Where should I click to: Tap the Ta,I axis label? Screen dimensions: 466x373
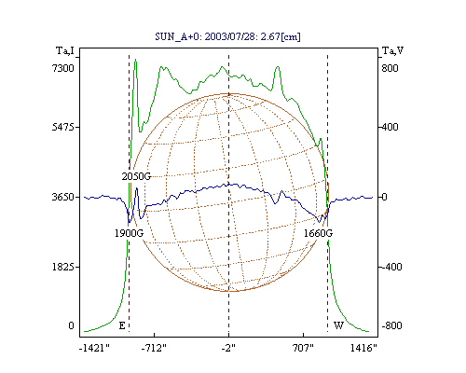point(65,50)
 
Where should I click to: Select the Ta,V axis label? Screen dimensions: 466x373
point(392,50)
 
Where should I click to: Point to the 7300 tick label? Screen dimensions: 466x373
point(63,68)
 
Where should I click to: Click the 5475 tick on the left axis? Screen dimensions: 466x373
point(63,127)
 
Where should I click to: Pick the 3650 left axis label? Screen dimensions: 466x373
point(63,197)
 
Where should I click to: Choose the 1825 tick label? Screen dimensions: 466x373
point(63,267)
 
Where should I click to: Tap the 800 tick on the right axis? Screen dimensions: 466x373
point(390,68)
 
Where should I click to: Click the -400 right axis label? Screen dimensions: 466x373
point(391,267)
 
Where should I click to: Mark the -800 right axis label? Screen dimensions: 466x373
point(391,325)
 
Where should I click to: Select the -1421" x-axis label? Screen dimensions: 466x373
point(94,348)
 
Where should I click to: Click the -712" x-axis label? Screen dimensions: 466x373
point(154,348)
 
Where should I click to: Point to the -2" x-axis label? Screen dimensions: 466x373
point(228,348)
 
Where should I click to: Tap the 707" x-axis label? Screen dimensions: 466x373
point(303,348)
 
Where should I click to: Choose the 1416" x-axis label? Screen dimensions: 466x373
point(363,348)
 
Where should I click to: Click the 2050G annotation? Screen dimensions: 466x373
point(136,176)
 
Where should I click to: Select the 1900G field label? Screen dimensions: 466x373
point(130,233)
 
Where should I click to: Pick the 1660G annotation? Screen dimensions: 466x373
point(318,233)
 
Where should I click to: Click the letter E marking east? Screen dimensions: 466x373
point(122,325)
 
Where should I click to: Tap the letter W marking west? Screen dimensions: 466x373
point(338,325)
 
